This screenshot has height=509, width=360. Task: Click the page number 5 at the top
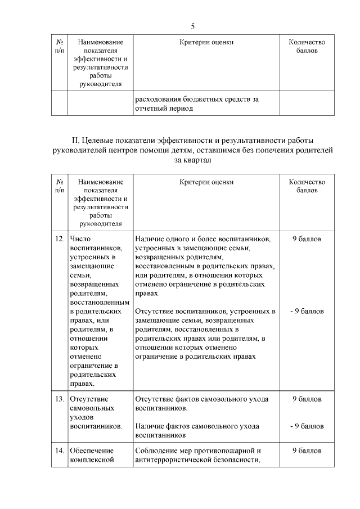[x=192, y=26]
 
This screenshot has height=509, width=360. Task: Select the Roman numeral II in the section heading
[x=74, y=140]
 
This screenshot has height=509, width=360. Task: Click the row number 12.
[x=60, y=239]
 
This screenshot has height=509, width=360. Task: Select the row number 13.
[x=60, y=399]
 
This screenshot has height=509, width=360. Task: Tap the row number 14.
[x=60, y=451]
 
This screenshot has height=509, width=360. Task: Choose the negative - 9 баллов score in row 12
[x=307, y=311]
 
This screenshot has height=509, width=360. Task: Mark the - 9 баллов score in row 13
[x=307, y=426]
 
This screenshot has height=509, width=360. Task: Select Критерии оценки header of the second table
[x=206, y=182]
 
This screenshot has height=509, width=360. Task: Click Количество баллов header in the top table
[x=307, y=46]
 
